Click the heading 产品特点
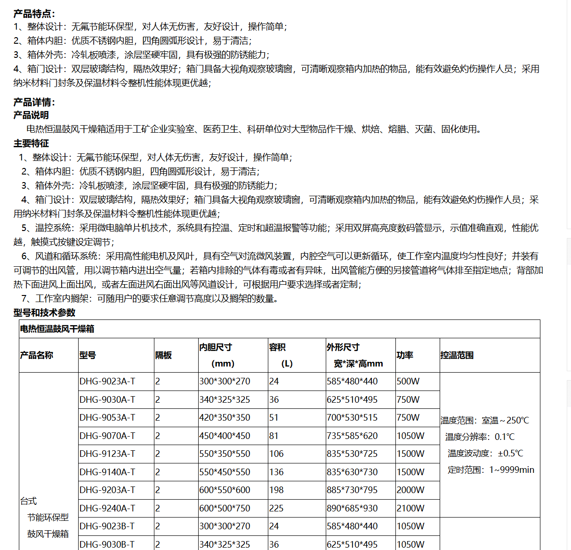tap(34, 14)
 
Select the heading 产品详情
tap(34, 102)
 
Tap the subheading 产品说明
tap(31, 115)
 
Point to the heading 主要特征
tap(31, 143)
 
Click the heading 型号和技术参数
tap(44, 313)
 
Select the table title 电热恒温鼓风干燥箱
tap(57, 329)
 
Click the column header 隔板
tap(163, 355)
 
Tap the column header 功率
tap(405, 355)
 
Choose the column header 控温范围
tap(457, 355)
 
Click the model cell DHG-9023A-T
tap(107, 382)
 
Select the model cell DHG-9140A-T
tap(107, 472)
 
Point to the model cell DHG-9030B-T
tap(107, 544)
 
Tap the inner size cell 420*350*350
tap(225, 417)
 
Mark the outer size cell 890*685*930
tap(352, 508)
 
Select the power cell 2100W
tap(410, 508)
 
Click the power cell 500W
tap(408, 382)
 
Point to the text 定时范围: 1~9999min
tap(491, 470)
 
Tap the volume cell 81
tap(274, 436)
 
